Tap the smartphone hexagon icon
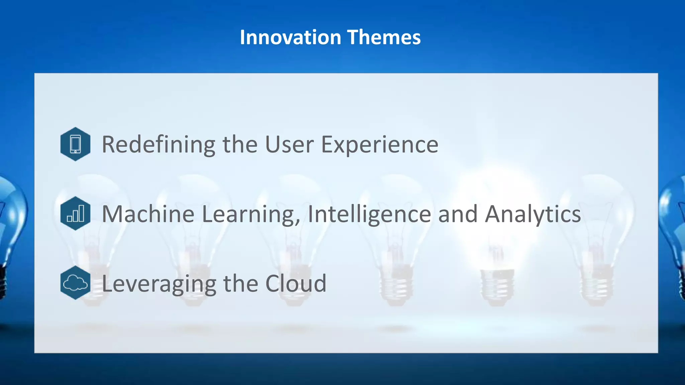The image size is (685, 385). coord(75,144)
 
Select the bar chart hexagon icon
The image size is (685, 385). coord(75,213)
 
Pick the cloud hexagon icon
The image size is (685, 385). coord(75,283)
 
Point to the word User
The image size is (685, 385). coord(289,144)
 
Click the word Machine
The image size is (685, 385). coord(148,214)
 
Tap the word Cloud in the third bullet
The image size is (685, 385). coord(296,283)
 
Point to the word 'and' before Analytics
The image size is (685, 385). coord(458,214)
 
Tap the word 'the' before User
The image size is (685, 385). coord(240,144)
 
